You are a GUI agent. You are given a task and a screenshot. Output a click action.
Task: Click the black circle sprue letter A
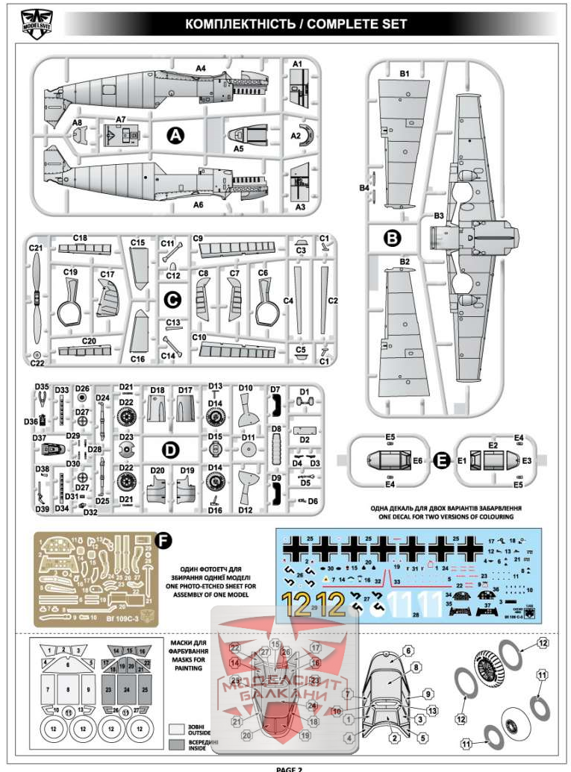tap(175, 136)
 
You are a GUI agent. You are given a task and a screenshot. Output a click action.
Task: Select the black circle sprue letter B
tap(392, 238)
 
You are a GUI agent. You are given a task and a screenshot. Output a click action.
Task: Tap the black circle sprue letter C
tap(172, 300)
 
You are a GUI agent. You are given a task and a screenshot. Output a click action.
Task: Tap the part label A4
tap(200, 68)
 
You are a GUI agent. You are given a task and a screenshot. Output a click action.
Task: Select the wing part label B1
tap(405, 74)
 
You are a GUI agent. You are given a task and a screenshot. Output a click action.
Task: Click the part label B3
tap(439, 216)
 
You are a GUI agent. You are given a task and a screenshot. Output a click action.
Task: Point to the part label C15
tap(137, 243)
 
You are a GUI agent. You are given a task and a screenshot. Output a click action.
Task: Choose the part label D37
tap(40, 438)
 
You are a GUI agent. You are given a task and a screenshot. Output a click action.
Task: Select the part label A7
tap(121, 119)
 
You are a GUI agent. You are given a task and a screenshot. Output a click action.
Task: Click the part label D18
tap(157, 390)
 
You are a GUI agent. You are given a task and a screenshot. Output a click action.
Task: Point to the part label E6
tap(417, 462)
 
